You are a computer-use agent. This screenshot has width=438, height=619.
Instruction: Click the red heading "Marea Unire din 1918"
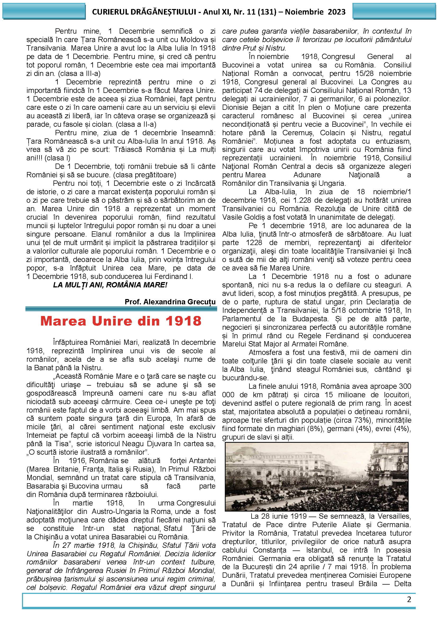coord(121,321)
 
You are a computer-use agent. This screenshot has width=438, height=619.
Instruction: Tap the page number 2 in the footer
coord(409,599)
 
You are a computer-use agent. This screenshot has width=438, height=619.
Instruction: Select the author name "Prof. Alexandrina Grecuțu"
coord(170,302)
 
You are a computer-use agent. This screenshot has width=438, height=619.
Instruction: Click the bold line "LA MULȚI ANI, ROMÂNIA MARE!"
coord(110,285)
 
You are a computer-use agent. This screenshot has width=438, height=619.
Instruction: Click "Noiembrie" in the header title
coord(304,12)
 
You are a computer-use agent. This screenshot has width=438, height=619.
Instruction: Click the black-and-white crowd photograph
coord(316,477)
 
